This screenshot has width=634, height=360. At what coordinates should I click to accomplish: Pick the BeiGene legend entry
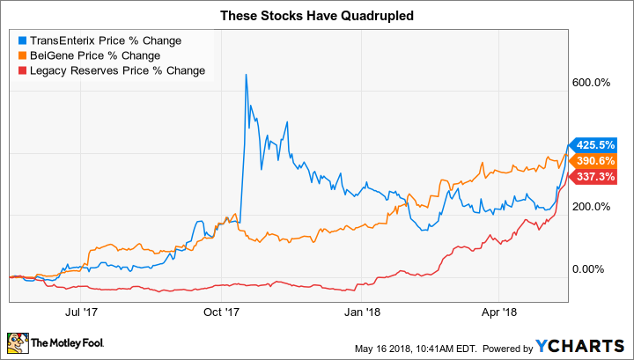point(94,55)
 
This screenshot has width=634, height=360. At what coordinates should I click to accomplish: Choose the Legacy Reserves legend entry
point(115,70)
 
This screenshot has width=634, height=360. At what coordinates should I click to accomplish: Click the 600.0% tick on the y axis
point(592,84)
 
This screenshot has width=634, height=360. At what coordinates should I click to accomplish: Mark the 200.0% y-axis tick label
point(592,208)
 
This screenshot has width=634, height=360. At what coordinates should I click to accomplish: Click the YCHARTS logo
point(585,342)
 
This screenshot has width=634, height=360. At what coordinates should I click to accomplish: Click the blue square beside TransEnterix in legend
point(21,40)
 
